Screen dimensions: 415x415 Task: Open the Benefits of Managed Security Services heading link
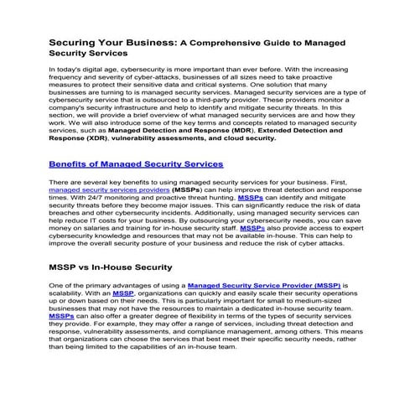click(x=136, y=163)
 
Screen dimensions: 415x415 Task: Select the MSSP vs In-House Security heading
click(x=111, y=267)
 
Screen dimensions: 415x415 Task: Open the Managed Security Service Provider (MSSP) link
click(x=264, y=286)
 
